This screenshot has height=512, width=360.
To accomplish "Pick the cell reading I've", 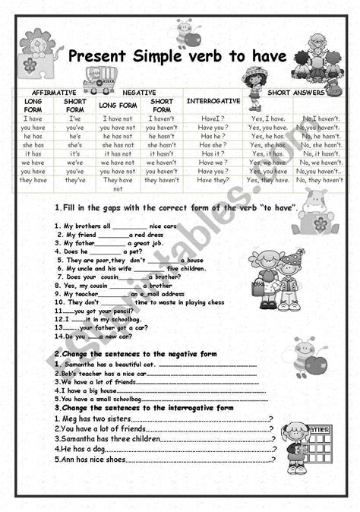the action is tap(75, 119).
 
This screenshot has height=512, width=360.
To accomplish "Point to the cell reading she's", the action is tap(75, 144).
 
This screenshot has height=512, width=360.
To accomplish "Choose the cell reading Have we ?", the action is tap(213, 162).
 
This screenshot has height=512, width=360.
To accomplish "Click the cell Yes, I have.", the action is tap(267, 119).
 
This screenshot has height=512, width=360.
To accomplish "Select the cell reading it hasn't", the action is tap(162, 153).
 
